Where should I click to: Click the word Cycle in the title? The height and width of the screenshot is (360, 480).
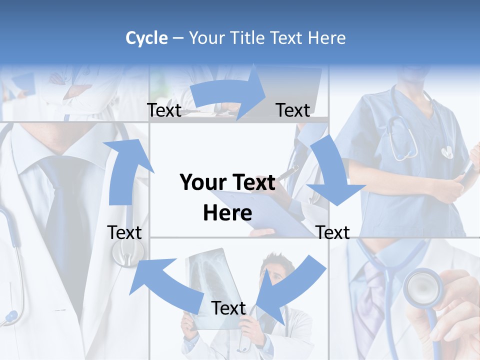[146, 38]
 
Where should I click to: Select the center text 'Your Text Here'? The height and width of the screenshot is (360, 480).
[227, 197]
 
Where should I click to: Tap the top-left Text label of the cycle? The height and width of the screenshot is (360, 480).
[164, 110]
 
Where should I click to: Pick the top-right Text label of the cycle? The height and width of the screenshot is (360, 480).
[292, 110]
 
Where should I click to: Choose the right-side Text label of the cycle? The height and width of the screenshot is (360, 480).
[332, 232]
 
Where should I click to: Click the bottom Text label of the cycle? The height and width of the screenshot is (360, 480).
[228, 308]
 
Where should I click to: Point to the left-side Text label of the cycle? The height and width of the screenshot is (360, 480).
[124, 232]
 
